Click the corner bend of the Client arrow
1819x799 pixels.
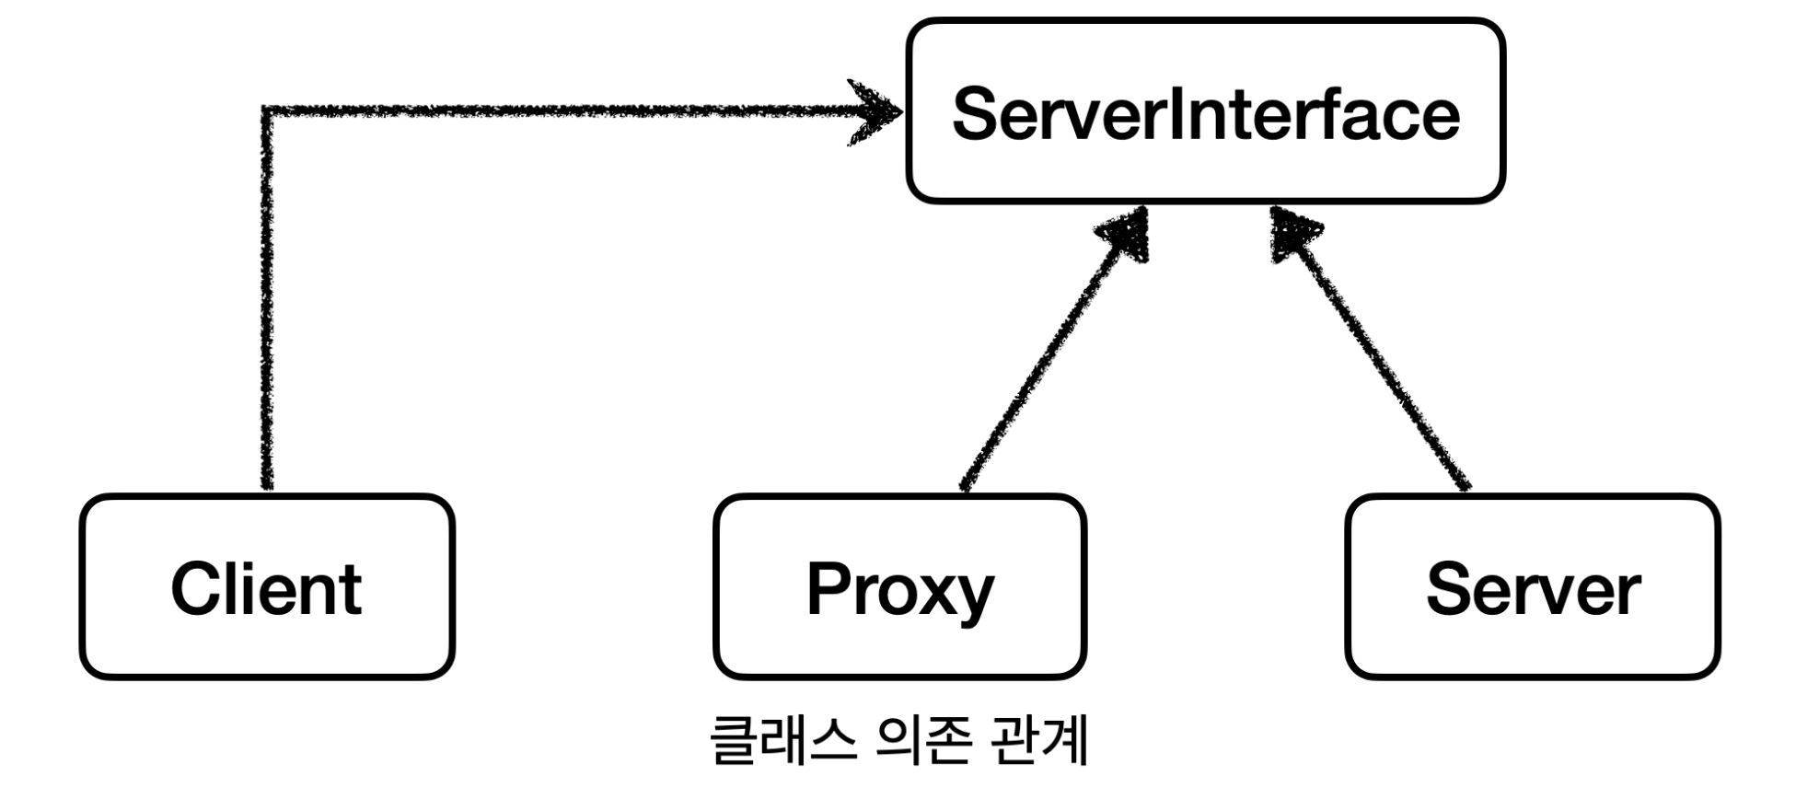tap(267, 111)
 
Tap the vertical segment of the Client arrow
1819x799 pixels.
tap(267, 304)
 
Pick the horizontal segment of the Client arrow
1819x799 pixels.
tap(552, 111)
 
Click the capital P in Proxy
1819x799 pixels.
tap(828, 588)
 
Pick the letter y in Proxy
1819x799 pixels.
tap(974, 596)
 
